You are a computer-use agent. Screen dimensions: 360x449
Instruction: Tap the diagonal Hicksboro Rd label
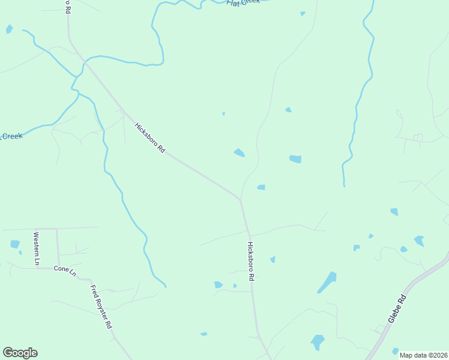149,137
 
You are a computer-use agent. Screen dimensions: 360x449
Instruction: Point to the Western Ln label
36,248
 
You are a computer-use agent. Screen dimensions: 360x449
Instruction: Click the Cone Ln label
65,271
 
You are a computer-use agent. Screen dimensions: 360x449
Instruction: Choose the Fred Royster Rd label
101,306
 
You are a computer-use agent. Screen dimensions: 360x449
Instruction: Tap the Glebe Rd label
397,309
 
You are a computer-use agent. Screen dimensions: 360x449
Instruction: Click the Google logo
20,353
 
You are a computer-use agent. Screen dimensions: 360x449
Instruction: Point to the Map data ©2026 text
423,355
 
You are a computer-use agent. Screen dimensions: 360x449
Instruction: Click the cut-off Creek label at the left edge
11,136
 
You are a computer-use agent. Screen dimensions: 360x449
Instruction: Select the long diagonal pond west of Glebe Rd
327,282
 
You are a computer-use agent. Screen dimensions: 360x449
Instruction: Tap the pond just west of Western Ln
15,244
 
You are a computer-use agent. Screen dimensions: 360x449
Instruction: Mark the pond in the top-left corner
9,28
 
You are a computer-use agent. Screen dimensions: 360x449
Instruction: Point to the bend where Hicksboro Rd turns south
241,199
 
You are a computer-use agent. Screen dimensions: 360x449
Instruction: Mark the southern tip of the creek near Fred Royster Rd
165,286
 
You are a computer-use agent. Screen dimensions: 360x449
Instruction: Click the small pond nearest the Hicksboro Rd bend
261,187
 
